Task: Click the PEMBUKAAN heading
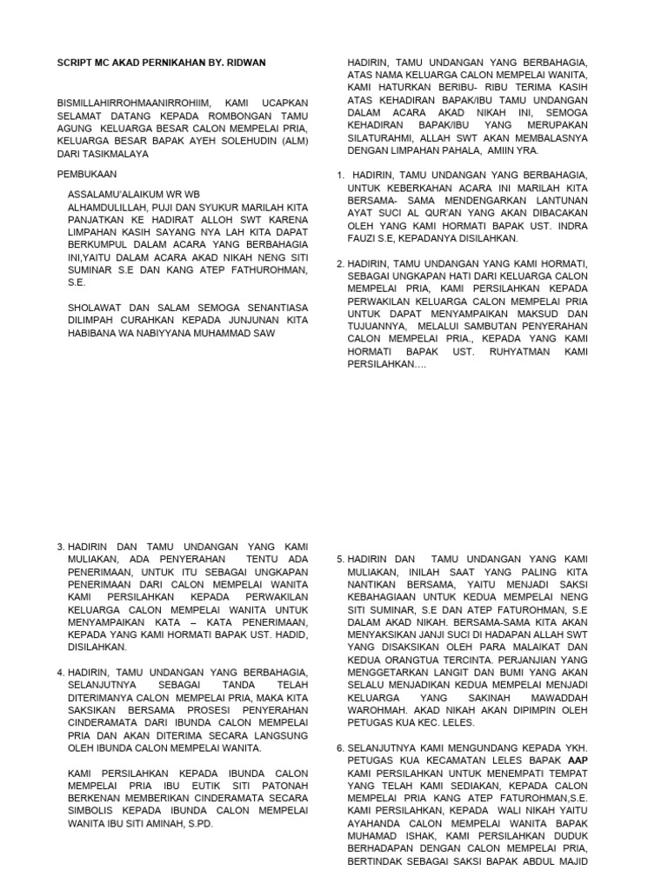tap(86, 174)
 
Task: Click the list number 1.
tap(339, 176)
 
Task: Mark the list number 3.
tap(60, 547)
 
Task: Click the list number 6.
tap(340, 747)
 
